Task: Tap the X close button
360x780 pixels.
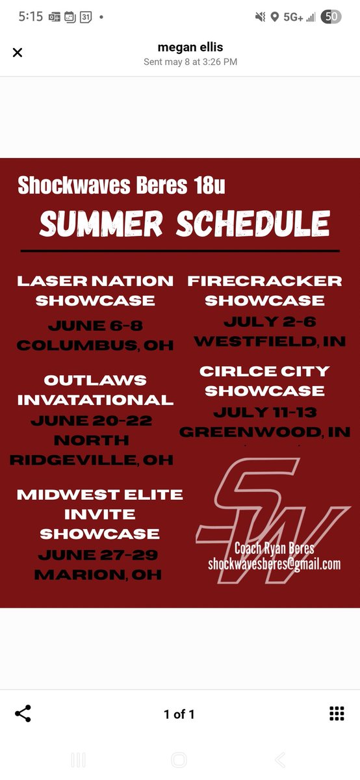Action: (x=18, y=53)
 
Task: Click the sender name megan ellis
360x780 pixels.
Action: (x=190, y=47)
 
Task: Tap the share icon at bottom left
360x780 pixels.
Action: (x=23, y=713)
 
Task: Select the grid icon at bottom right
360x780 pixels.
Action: (x=337, y=713)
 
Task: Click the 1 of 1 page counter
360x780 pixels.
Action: (x=179, y=714)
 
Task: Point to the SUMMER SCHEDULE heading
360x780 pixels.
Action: (x=185, y=224)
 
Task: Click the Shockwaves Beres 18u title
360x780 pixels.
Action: (x=122, y=185)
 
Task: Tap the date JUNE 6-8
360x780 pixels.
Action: (x=95, y=326)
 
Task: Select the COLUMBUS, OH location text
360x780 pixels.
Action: (x=95, y=345)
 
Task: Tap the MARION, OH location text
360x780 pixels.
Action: (x=98, y=575)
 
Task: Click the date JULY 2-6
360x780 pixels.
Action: (x=264, y=322)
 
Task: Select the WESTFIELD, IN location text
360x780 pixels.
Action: (x=270, y=341)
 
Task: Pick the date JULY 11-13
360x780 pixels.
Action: (x=264, y=412)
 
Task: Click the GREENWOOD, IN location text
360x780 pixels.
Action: (x=265, y=432)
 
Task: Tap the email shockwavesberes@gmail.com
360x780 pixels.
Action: (x=274, y=564)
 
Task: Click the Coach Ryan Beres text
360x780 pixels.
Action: (x=274, y=548)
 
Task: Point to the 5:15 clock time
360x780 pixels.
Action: (x=30, y=17)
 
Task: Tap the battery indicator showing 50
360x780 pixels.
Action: (x=331, y=17)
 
